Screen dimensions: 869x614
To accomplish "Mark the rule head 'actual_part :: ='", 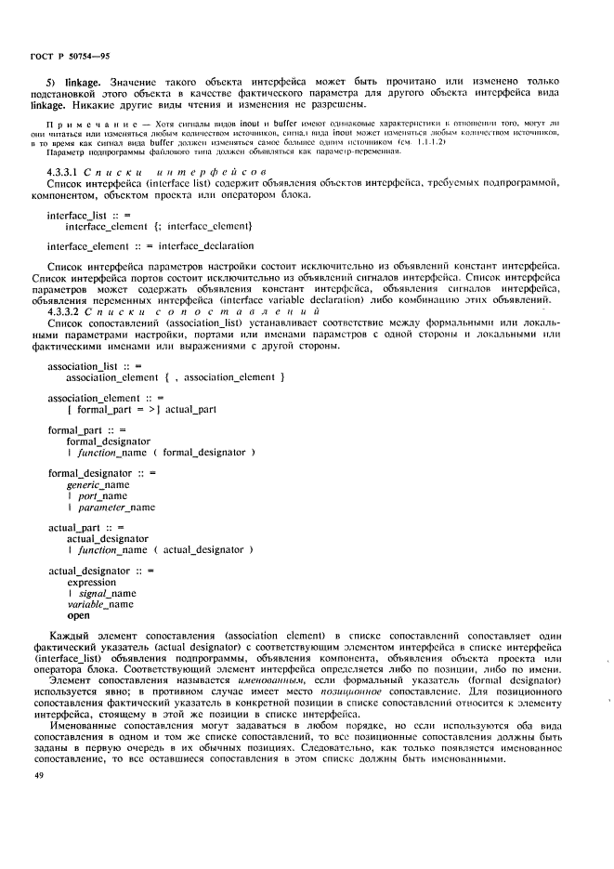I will (x=86, y=527).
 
